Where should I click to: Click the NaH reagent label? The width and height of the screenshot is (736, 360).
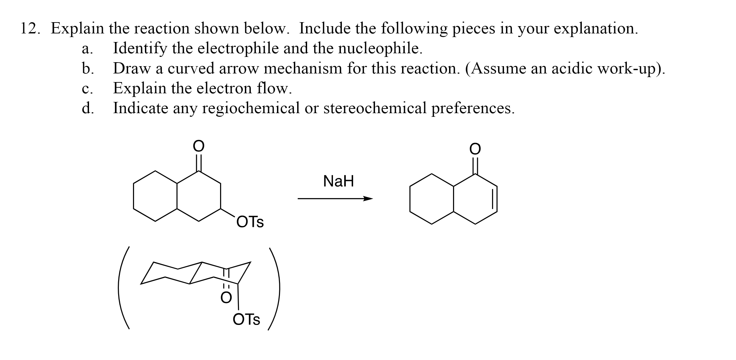[338, 181]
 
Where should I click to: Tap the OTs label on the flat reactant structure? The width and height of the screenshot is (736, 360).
[250, 222]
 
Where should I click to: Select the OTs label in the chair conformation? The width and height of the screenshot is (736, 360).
[247, 320]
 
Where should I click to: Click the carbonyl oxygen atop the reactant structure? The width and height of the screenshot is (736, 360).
[198, 146]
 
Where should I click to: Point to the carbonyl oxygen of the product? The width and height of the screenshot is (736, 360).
[475, 149]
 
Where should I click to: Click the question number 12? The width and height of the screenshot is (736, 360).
[30, 29]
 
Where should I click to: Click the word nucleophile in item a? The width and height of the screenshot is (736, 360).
[380, 49]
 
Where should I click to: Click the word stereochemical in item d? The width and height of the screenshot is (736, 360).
[375, 108]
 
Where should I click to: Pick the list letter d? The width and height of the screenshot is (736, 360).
[87, 108]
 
